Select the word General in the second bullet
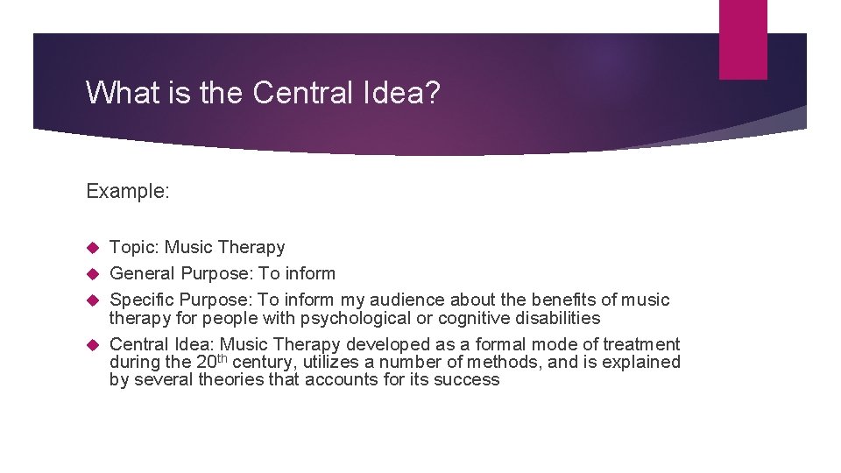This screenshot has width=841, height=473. [x=143, y=274]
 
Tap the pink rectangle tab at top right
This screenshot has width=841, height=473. [x=743, y=39]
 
